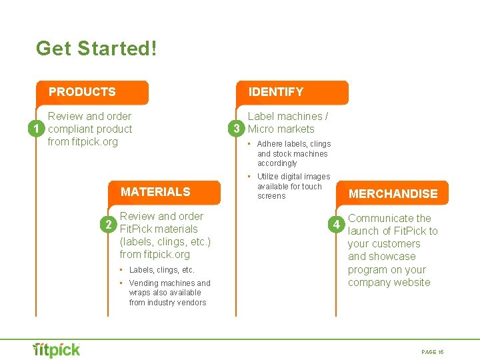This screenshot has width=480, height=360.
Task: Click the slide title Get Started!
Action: [97, 49]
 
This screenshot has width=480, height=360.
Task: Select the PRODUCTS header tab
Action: [82, 92]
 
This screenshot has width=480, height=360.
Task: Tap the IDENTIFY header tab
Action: [276, 92]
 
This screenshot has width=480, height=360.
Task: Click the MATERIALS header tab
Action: [155, 192]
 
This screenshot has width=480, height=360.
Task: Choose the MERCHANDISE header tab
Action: [393, 194]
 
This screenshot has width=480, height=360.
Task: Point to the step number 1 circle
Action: [40, 129]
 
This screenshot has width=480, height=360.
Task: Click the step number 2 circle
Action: [111, 223]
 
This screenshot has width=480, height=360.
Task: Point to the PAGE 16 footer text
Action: [433, 351]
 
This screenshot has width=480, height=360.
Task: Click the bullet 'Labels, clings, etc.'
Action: [161, 270]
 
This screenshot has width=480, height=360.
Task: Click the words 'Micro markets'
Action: [281, 129]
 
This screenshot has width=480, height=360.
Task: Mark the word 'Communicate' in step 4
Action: [379, 218]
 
